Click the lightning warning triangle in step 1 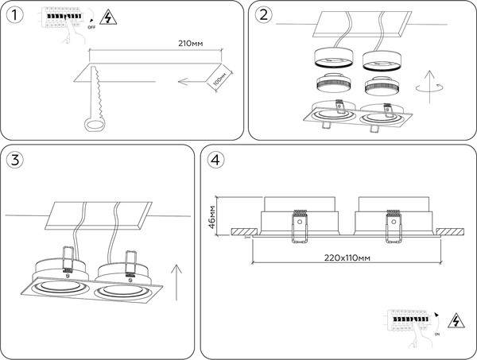pyautogui.click(x=106, y=18)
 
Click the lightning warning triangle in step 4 pyautogui.click(x=457, y=322)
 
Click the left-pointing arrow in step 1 pyautogui.click(x=195, y=80)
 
